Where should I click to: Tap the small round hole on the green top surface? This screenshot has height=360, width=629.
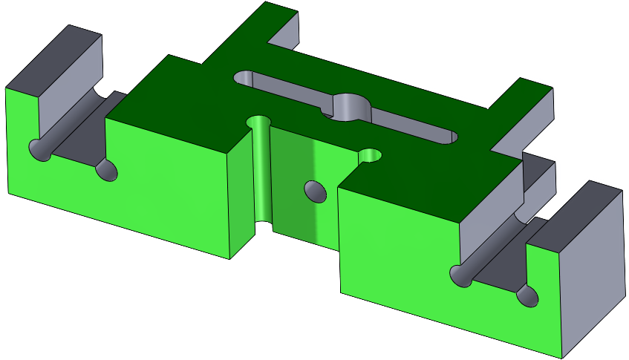pyautogui.click(x=369, y=155)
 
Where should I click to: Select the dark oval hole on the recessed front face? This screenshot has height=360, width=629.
pyautogui.click(x=315, y=190)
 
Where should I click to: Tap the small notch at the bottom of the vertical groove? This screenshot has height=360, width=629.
pyautogui.click(x=261, y=226)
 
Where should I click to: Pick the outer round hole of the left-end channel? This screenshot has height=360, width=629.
pyautogui.click(x=39, y=148)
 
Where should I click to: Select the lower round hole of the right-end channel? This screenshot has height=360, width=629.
pyautogui.click(x=527, y=295)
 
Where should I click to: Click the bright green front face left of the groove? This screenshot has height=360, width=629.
pyautogui.click(x=171, y=186)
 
